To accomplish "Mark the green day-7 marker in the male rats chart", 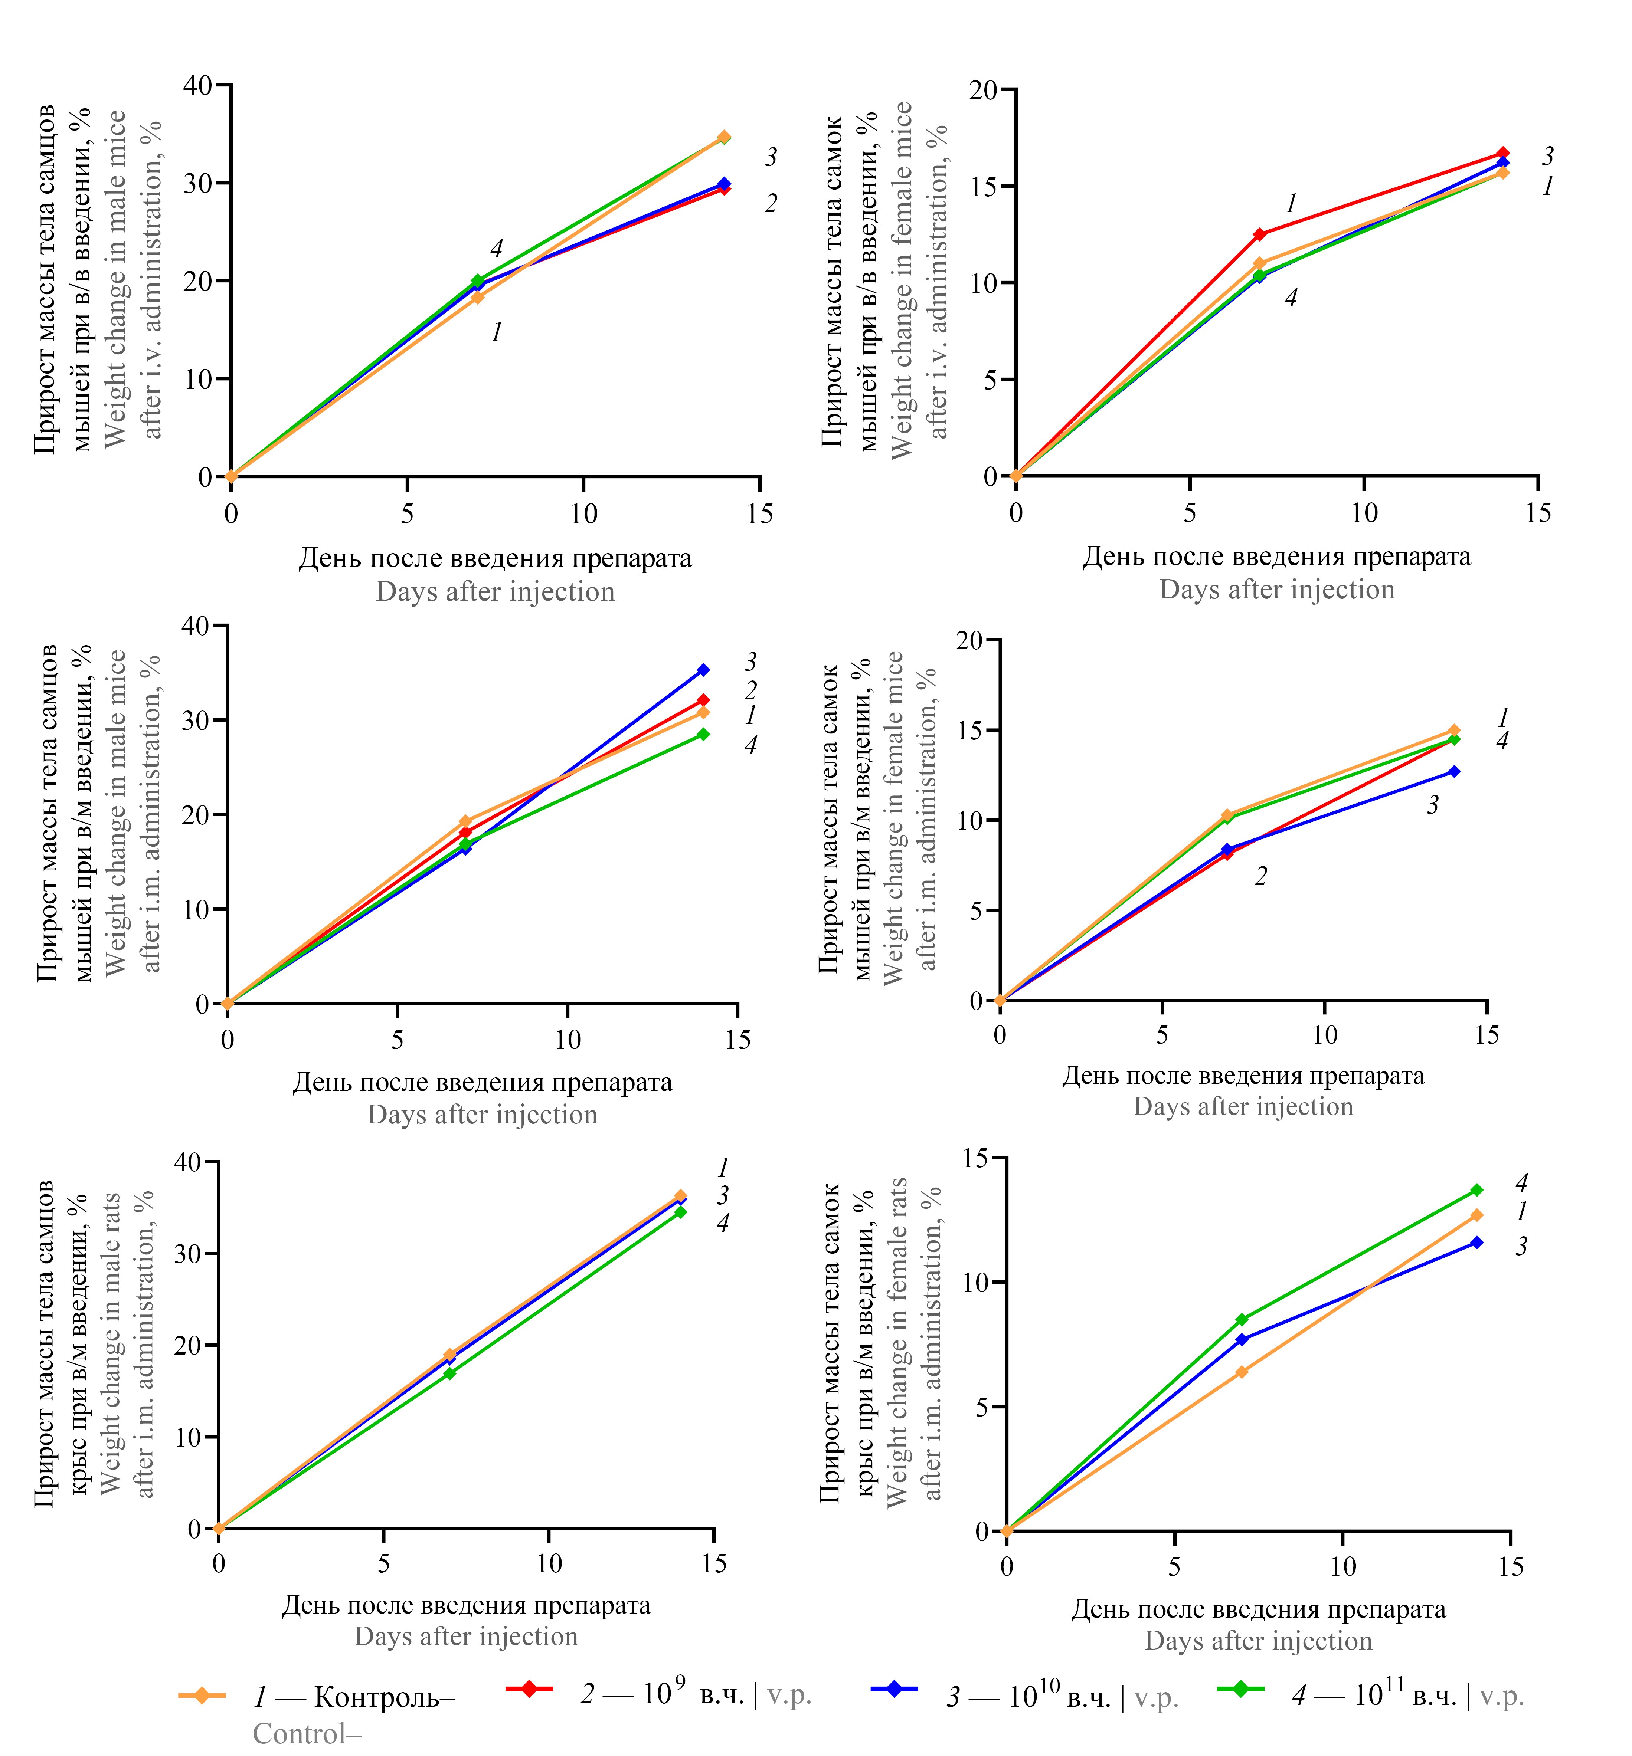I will tap(449, 1374).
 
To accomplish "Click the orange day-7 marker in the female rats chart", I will tap(1242, 1372).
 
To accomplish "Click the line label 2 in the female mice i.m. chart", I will tap(1261, 877).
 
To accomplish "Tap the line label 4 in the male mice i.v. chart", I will tap(496, 248).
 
